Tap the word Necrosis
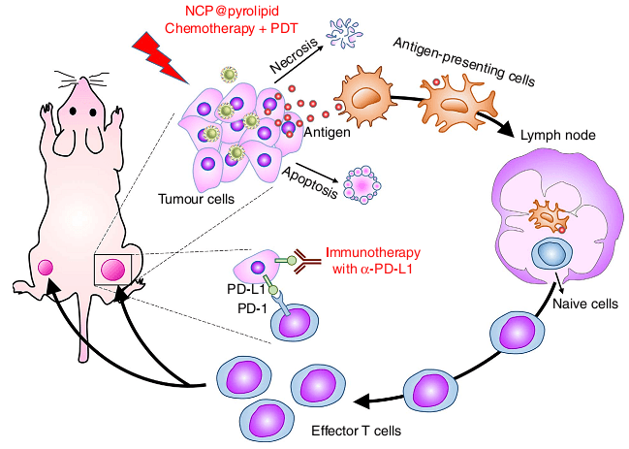tap(294, 55)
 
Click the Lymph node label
tap(558, 135)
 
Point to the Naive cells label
tap(585, 304)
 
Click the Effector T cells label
tap(357, 431)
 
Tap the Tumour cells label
tap(196, 199)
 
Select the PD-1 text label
tap(252, 308)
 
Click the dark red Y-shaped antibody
tap(307, 261)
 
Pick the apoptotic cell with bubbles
tap(362, 185)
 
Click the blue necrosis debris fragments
tap(344, 34)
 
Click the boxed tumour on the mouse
tap(112, 270)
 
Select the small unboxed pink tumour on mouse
tap(46, 268)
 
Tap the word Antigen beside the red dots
tap(327, 132)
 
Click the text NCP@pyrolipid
tap(232, 11)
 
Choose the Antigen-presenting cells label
tap(464, 62)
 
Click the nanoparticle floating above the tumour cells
tap(229, 75)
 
